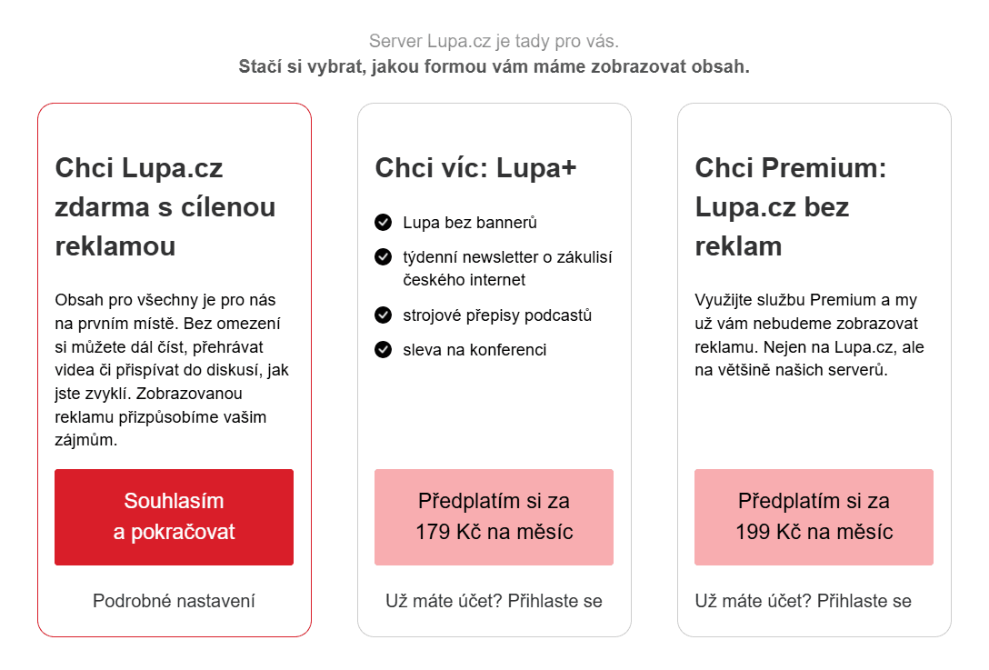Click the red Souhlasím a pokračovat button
pos(174,516)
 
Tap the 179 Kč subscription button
pos(494,516)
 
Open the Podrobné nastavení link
pos(174,601)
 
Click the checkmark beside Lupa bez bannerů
pos(383,222)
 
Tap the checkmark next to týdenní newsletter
pos(383,256)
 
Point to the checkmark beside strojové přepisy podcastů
pos(383,315)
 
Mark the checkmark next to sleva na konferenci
pos(383,349)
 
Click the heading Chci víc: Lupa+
pos(475,168)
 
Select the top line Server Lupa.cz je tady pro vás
pos(494,42)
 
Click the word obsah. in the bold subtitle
pos(721,66)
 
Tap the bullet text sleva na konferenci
pos(475,350)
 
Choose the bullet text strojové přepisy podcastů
pos(497,315)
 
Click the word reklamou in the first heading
pos(115,246)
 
